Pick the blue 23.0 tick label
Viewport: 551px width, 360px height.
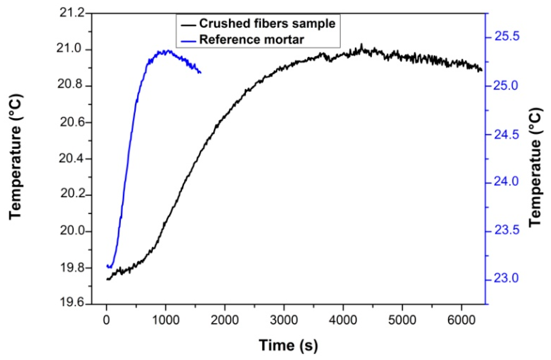[x=506, y=278]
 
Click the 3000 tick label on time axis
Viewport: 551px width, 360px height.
[x=284, y=320]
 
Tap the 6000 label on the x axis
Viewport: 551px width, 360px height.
[x=461, y=320]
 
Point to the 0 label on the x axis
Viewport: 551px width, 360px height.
[x=106, y=320]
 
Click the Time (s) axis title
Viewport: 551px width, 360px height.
[x=288, y=345]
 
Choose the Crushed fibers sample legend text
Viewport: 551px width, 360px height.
[x=267, y=23]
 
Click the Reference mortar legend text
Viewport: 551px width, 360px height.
[x=251, y=40]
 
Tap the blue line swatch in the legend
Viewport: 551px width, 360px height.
[x=188, y=41]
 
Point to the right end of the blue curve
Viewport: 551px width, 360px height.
[x=201, y=73]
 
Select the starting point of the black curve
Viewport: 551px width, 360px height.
[x=107, y=279]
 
